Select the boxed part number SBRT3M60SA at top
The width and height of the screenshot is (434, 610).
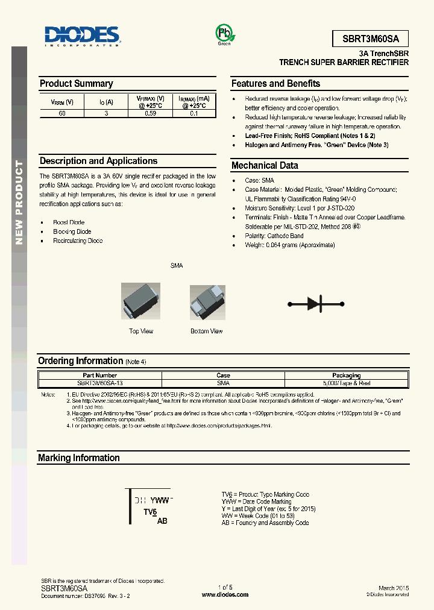point(370,39)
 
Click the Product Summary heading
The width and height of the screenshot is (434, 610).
point(76,84)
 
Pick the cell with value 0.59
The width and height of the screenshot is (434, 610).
point(150,113)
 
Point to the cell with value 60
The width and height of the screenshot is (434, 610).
point(62,113)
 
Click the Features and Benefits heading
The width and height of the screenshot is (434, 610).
point(275,84)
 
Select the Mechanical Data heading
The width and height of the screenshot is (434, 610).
point(265,165)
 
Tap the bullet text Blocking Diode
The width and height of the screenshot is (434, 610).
point(72,231)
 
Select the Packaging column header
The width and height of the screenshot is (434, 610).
point(346,375)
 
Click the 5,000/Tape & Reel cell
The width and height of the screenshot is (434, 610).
point(346,383)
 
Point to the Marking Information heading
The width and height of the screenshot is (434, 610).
point(79,458)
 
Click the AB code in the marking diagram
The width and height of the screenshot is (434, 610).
point(162,520)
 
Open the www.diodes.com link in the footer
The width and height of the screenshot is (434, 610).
point(225,594)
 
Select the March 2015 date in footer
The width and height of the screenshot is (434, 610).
point(394,588)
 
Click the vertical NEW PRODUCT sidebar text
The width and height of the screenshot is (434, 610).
point(19,203)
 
